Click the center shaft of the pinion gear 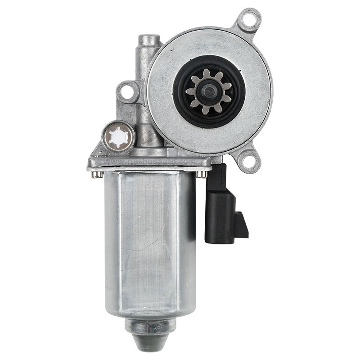point(208,91)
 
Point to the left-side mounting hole point(127,92)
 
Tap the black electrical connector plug point(220,207)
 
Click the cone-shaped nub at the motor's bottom point(148,331)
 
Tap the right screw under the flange point(203,174)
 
